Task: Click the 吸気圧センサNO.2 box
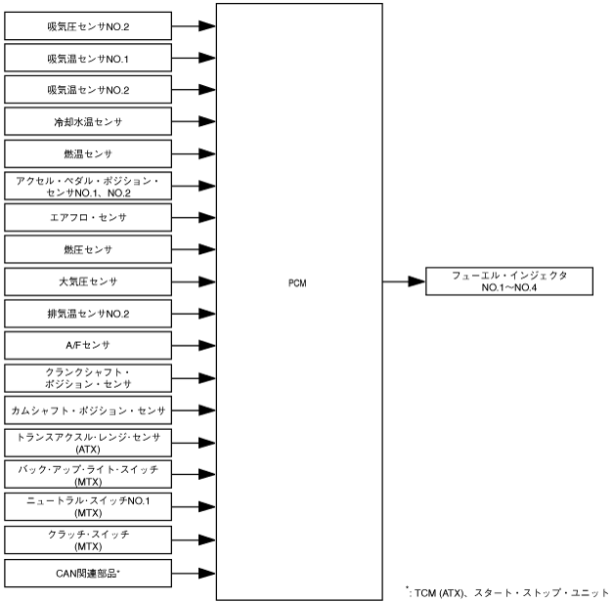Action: point(88,26)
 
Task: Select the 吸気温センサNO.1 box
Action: point(88,59)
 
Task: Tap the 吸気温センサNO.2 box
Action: point(88,90)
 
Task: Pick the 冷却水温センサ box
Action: point(88,122)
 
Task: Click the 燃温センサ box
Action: point(88,154)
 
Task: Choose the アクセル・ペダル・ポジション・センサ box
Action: point(88,186)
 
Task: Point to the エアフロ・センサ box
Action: point(88,217)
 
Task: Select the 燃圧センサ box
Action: point(88,249)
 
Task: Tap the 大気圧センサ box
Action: point(88,281)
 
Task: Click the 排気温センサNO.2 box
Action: point(88,313)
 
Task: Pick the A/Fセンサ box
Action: point(88,345)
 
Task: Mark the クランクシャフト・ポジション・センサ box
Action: point(88,377)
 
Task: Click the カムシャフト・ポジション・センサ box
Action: point(88,408)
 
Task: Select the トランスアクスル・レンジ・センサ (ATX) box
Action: point(88,441)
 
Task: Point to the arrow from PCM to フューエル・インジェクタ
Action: point(403,281)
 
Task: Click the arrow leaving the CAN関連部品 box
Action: point(194,570)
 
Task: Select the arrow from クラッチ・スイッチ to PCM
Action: point(194,537)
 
